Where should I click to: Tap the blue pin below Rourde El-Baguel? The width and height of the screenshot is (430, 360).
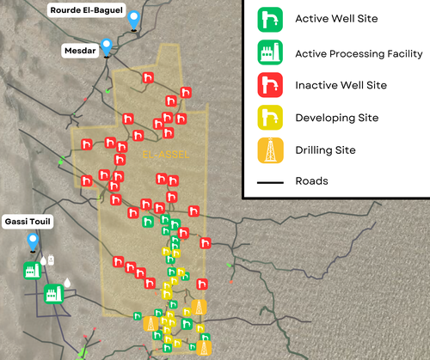133,17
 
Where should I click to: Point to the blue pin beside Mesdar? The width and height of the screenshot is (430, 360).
107,47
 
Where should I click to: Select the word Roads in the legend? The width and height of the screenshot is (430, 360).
311,181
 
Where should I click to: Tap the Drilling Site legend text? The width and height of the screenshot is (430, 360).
325,150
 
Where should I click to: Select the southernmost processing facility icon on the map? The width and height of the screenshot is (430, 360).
52,295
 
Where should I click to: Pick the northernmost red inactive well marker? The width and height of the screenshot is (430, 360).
148,78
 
